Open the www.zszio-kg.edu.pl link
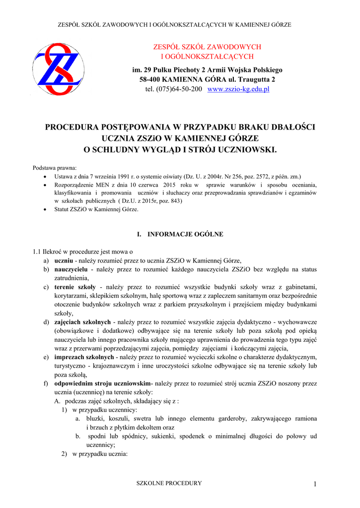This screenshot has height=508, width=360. [x=238, y=89]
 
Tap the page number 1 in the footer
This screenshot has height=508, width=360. [x=315, y=484]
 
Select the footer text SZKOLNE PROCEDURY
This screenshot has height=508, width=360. [x=169, y=483]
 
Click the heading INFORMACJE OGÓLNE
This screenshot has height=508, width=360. [x=185, y=234]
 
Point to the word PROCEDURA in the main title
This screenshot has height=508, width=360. [x=76, y=127]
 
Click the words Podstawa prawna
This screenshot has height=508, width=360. [x=51, y=167]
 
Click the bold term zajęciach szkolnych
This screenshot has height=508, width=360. [x=82, y=322]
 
